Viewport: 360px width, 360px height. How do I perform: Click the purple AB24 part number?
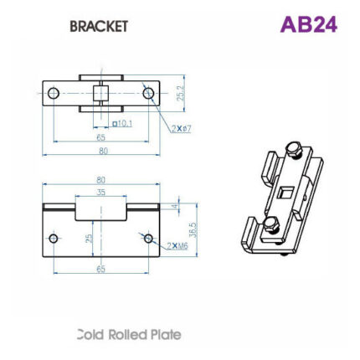pyautogui.click(x=308, y=24)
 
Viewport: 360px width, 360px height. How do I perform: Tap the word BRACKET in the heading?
pyautogui.click(x=99, y=26)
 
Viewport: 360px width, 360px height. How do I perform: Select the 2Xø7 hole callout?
pyautogui.click(x=182, y=129)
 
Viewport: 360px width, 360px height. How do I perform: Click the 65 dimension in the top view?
pyautogui.click(x=100, y=136)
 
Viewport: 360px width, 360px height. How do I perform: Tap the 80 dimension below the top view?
pyautogui.click(x=104, y=152)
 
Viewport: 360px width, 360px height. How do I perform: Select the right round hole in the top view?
pyautogui.click(x=149, y=93)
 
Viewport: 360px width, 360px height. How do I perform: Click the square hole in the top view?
pyautogui.click(x=101, y=92)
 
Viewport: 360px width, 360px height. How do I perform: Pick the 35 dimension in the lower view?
pyautogui.click(x=101, y=192)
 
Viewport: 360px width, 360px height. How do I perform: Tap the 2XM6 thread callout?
pyautogui.click(x=177, y=246)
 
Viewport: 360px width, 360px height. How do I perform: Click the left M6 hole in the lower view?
pyautogui.click(x=54, y=239)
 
